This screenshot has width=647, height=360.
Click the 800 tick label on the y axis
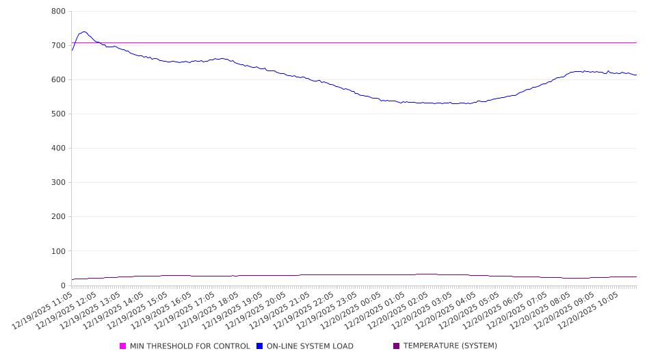pos(58,12)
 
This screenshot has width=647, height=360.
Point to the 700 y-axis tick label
pos(58,46)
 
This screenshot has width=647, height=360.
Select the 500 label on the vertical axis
pos(58,114)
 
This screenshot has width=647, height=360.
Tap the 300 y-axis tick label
pos(58,183)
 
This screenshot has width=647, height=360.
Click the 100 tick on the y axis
pos(58,251)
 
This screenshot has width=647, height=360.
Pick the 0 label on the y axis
pos(62,285)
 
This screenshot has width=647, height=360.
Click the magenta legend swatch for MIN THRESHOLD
pos(123,346)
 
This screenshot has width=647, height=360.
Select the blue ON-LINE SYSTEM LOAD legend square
pos(260,346)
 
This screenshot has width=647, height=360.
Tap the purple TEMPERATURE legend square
pos(397,346)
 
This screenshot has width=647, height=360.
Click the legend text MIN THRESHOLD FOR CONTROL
pos(190,346)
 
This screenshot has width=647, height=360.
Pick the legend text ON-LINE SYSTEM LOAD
pos(310,346)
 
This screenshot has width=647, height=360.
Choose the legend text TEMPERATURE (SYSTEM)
pos(450,346)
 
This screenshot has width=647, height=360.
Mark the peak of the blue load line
pos(83,31)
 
